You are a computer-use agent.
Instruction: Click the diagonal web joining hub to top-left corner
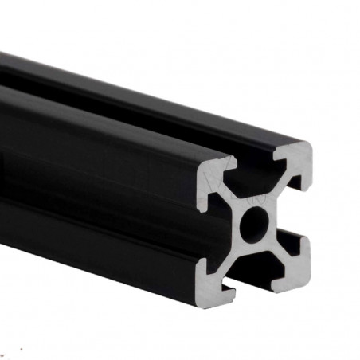point(236,201)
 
